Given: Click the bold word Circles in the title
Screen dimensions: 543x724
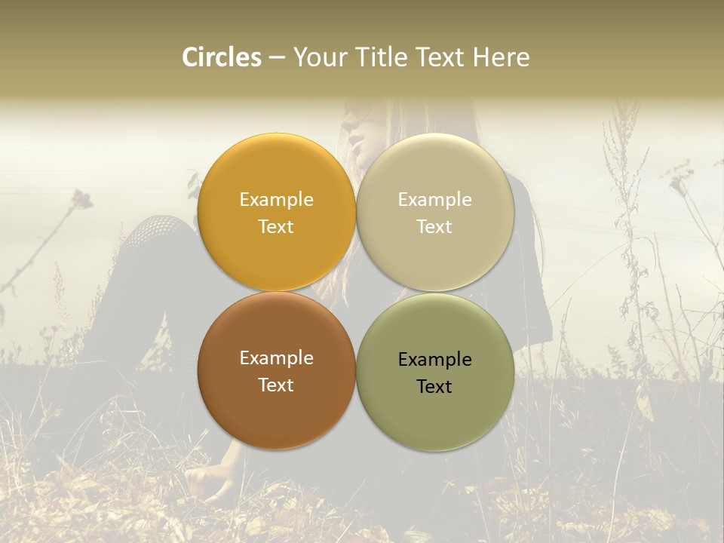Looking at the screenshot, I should click(x=222, y=57).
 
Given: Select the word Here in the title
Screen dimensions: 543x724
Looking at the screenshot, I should click(x=502, y=57).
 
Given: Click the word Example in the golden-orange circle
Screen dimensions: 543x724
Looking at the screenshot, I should click(x=276, y=199).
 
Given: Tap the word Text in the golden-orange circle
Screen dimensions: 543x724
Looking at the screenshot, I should click(x=276, y=226).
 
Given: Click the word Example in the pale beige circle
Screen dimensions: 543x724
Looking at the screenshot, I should click(x=434, y=199).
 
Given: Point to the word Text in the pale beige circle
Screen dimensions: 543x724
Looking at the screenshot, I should click(x=434, y=226).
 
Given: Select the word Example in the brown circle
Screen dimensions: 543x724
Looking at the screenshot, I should click(x=276, y=358).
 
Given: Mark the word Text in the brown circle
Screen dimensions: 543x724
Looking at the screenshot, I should click(x=276, y=385).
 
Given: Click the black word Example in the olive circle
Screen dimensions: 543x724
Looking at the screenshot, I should click(x=434, y=360).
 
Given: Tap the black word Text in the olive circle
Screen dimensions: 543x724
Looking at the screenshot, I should click(x=434, y=387).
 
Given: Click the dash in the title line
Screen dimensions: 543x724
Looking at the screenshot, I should click(x=277, y=58).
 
